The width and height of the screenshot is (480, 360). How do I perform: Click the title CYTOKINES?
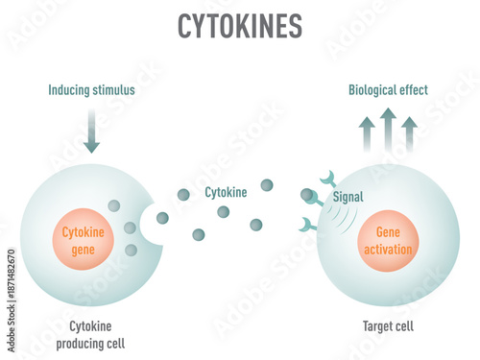click(x=239, y=27)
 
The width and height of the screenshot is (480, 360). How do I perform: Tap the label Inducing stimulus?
click(x=92, y=90)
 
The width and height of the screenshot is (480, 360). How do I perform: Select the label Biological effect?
click(x=388, y=90)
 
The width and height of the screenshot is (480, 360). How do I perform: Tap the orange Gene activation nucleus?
click(x=388, y=242)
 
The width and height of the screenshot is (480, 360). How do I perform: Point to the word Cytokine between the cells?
click(x=226, y=192)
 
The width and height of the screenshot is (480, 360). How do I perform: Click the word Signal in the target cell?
click(x=348, y=197)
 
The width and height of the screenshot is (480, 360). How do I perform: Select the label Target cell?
click(x=389, y=326)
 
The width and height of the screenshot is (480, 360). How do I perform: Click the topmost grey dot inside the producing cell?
click(x=113, y=205)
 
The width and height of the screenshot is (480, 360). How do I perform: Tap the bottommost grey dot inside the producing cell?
click(x=131, y=250)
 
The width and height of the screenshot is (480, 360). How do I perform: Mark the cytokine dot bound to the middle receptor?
click(x=306, y=195)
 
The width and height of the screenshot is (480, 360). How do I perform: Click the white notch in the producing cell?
click(x=154, y=222)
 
